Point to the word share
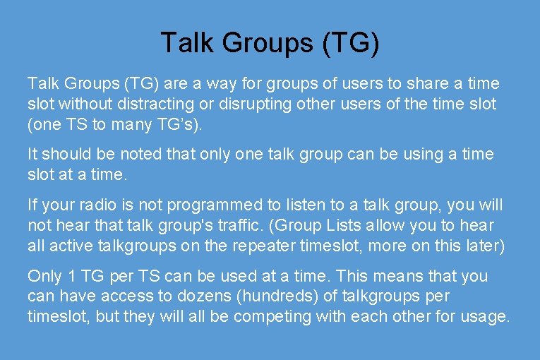(x=407, y=84)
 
